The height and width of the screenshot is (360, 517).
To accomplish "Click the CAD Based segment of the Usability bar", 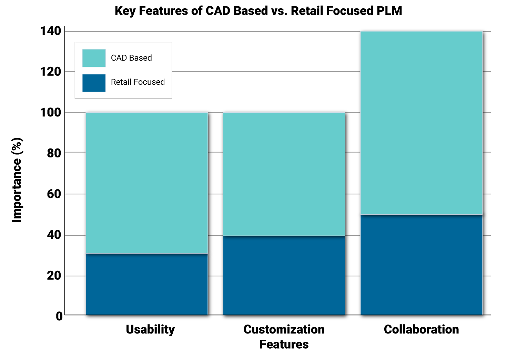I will pos(147,183).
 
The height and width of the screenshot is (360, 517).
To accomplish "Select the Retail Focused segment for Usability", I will pos(147,284).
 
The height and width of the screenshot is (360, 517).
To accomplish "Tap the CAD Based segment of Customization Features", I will pos(284,174).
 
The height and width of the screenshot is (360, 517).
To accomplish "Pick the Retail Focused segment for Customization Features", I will pos(284,276).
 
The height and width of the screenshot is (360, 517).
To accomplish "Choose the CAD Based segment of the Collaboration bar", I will pos(421,123).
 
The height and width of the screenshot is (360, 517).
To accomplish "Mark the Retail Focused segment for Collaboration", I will pos(421,265).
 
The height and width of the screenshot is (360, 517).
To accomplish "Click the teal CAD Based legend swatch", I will pos(94,58).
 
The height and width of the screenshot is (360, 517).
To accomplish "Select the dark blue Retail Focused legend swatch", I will pos(94,83).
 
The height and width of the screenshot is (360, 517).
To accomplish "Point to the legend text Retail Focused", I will pos(138,82).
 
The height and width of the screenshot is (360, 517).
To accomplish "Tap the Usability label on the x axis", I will pos(150,329).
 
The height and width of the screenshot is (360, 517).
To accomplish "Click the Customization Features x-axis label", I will pos(284,337).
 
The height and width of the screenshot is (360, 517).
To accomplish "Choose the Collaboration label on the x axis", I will pos(421,329).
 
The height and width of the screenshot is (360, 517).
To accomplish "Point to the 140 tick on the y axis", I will pos(51,31).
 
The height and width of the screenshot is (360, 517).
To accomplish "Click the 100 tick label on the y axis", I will pos(51,112).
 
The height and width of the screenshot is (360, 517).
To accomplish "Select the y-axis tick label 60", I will pos(54,194).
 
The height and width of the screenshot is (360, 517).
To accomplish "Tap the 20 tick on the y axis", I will pos(54,276).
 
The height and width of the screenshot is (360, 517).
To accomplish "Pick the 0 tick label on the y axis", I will pos(59,316).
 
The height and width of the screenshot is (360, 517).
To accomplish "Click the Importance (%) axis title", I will pos(17,180).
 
